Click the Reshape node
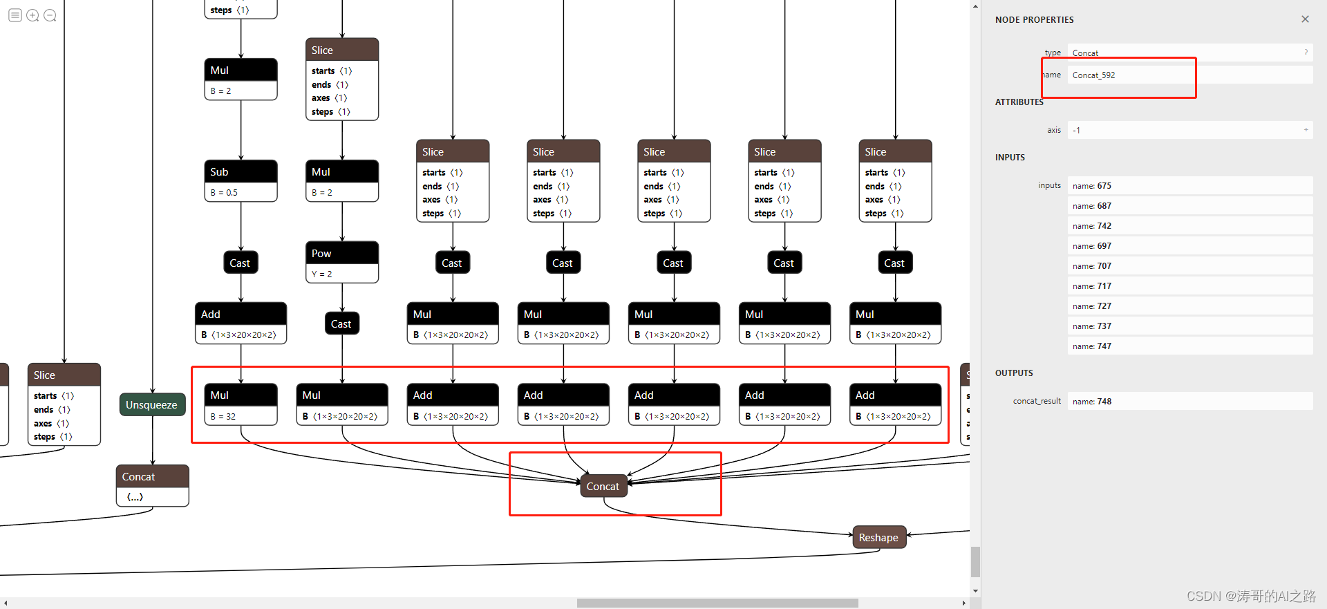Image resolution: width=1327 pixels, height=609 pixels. point(878,537)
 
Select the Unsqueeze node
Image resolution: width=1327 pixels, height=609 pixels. point(152,404)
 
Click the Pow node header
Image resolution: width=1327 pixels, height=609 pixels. point(342,253)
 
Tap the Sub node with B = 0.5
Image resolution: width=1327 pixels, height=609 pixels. point(241,180)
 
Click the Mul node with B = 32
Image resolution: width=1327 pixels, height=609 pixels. point(241,404)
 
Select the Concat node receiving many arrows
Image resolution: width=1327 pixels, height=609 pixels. point(603,486)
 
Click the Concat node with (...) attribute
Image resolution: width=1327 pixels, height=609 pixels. point(152,485)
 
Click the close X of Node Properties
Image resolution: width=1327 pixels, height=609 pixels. point(1305,19)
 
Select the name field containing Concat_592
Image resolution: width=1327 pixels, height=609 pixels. point(1189,75)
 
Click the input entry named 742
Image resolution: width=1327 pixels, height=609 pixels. point(1189,226)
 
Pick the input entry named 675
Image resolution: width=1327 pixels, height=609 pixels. point(1189,185)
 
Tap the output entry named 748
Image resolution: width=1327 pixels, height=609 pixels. point(1189,401)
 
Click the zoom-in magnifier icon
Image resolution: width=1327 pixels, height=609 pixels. point(32,15)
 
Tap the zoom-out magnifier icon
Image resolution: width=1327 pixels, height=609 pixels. point(50,15)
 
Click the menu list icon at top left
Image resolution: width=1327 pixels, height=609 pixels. point(15,15)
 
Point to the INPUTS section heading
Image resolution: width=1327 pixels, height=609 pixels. point(1010,158)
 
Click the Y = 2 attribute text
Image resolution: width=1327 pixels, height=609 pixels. point(322,274)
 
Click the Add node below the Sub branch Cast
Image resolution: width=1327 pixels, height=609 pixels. point(241,322)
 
